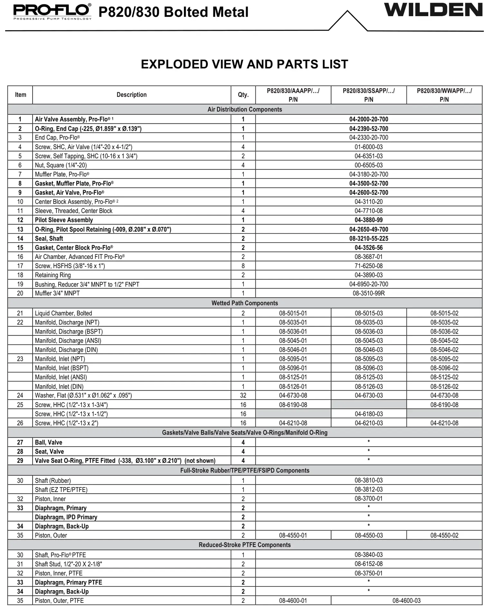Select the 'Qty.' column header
243,95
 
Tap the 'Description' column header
131,95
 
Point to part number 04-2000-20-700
369,119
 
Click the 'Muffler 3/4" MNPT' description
57,293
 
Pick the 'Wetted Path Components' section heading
245,303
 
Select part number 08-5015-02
444,313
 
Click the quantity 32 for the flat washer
243,395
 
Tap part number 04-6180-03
369,414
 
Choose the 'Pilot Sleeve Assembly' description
64,220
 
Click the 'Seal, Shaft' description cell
49,239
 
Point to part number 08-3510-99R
369,293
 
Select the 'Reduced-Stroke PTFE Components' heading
245,545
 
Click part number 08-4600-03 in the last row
406,601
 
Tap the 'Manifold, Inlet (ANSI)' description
61,377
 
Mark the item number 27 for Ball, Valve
20,442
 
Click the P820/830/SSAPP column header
369,95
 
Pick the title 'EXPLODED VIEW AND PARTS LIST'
245,64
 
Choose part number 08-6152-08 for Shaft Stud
369,564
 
